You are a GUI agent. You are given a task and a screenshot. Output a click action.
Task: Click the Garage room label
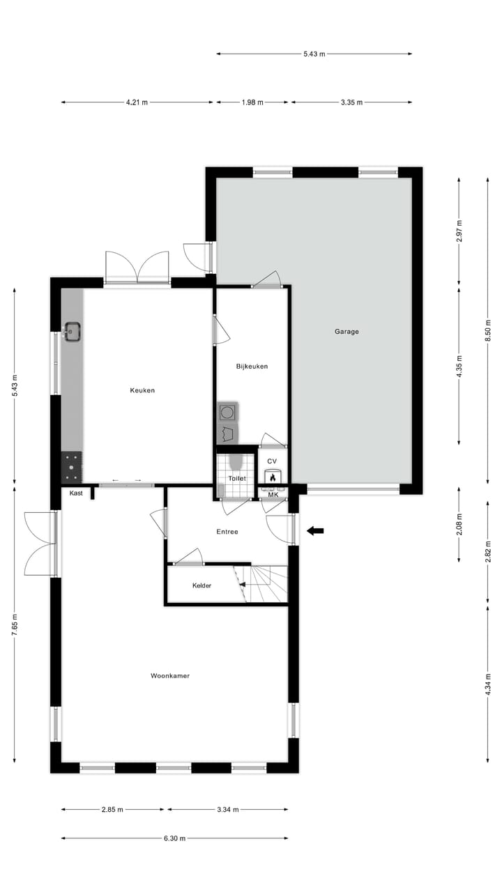click(347, 332)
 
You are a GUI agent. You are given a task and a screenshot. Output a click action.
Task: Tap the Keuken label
click(142, 390)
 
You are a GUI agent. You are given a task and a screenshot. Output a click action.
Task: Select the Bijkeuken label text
click(252, 367)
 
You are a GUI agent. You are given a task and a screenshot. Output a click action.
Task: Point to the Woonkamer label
click(170, 675)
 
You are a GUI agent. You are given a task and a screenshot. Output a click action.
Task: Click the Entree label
click(227, 532)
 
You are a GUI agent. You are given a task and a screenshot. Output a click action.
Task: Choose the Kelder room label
click(201, 585)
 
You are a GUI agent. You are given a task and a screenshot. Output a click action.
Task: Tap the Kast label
click(76, 493)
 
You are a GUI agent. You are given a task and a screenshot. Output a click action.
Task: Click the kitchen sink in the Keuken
click(73, 330)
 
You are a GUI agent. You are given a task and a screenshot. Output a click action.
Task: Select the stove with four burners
click(72, 467)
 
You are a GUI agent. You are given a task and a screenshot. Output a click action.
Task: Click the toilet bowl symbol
click(235, 462)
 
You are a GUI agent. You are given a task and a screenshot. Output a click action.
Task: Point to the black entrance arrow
click(315, 531)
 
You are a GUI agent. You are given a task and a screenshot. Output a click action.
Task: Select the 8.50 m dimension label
click(488, 330)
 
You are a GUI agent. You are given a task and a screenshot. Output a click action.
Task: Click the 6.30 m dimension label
click(174, 838)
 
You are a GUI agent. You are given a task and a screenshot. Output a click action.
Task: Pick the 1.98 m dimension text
click(252, 102)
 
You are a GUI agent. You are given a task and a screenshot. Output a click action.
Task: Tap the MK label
click(273, 495)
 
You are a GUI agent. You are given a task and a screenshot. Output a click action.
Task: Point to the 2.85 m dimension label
click(112, 810)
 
